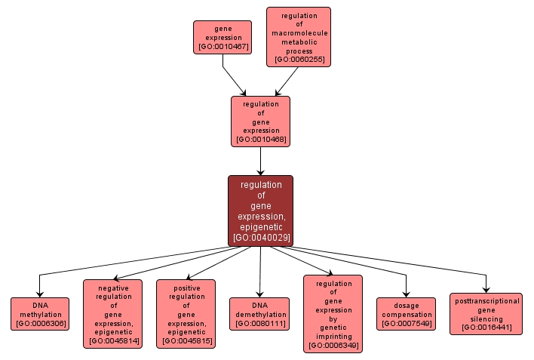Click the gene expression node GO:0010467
(222, 37)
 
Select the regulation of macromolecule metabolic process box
(298, 37)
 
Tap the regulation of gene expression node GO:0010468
(260, 121)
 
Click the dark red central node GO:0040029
(260, 211)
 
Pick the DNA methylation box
(40, 314)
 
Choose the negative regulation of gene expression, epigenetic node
(112, 313)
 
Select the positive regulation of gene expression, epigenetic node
(186, 313)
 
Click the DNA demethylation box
(259, 314)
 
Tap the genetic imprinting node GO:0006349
(333, 313)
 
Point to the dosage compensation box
(406, 314)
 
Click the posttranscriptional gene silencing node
(486, 314)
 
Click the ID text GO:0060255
(298, 59)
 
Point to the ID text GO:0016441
(486, 328)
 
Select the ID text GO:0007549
(406, 323)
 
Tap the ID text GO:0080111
(259, 323)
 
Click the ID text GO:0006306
(40, 323)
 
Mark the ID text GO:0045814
(112, 341)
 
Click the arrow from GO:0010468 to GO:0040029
(260, 161)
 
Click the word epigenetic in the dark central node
(260, 226)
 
